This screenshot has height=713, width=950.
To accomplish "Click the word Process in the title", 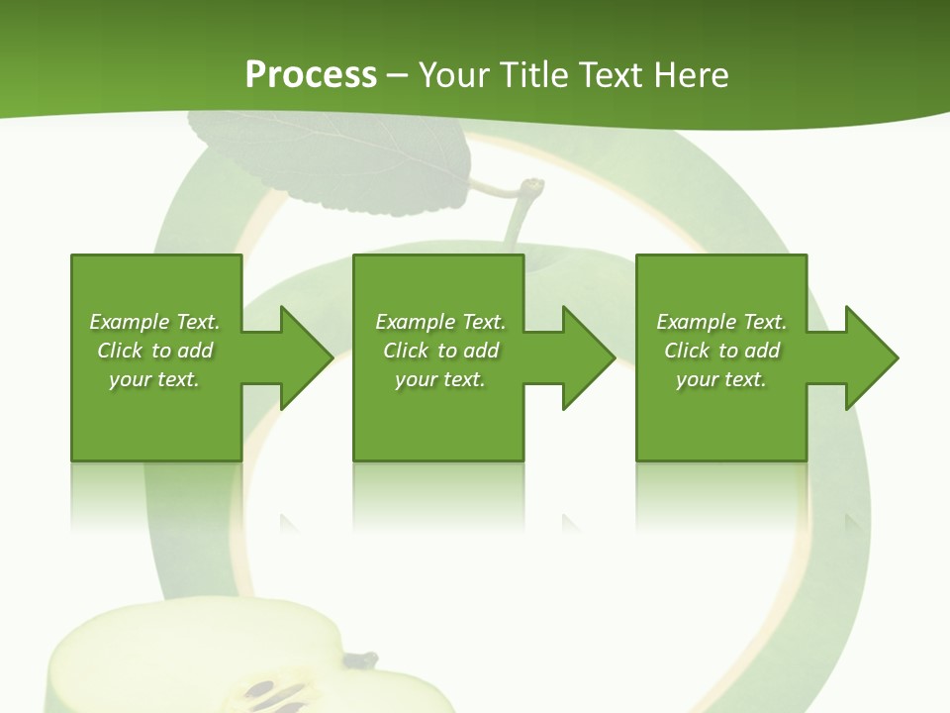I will pyautogui.click(x=311, y=75).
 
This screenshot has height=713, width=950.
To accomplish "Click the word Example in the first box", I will pyautogui.click(x=129, y=322).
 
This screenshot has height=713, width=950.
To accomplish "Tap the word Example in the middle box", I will pyautogui.click(x=415, y=322).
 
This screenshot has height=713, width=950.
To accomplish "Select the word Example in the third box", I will pyautogui.click(x=696, y=322).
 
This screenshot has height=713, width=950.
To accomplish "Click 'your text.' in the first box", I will pyautogui.click(x=154, y=379).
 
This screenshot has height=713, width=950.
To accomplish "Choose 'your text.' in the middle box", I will pyautogui.click(x=440, y=379).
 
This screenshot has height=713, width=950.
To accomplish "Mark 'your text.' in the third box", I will pyautogui.click(x=721, y=379).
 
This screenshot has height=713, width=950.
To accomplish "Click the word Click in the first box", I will pyautogui.click(x=120, y=351).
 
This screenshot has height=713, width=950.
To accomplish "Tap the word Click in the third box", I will pyautogui.click(x=687, y=351).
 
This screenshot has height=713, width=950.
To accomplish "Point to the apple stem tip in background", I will pyautogui.click(x=533, y=185).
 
